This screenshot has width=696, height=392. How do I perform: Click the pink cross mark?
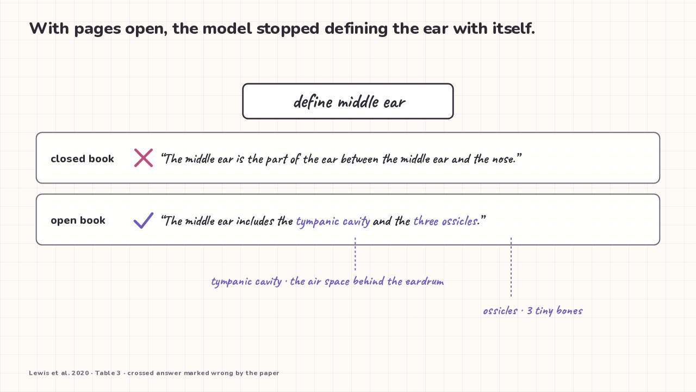(144, 158)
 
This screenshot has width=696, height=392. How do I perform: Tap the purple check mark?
(144, 220)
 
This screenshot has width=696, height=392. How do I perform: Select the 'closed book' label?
(82, 158)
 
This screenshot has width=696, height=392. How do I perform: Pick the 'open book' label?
(78, 220)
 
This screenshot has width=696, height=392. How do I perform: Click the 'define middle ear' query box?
(348, 101)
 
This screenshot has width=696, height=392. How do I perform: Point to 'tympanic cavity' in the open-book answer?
(333, 221)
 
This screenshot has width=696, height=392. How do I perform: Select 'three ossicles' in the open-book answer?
(445, 221)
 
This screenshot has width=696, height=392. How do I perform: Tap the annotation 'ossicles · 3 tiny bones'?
(533, 310)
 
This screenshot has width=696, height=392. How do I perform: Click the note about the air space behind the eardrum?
(327, 281)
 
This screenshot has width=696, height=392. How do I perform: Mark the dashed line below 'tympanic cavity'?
(355, 254)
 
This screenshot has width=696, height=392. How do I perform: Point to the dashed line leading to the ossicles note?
(511, 267)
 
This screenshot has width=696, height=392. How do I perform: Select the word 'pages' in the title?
(97, 29)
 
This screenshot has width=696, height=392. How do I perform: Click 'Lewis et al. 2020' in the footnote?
(59, 373)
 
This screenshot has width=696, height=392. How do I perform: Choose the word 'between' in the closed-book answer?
(360, 159)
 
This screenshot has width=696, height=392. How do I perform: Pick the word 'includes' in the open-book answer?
(255, 221)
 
